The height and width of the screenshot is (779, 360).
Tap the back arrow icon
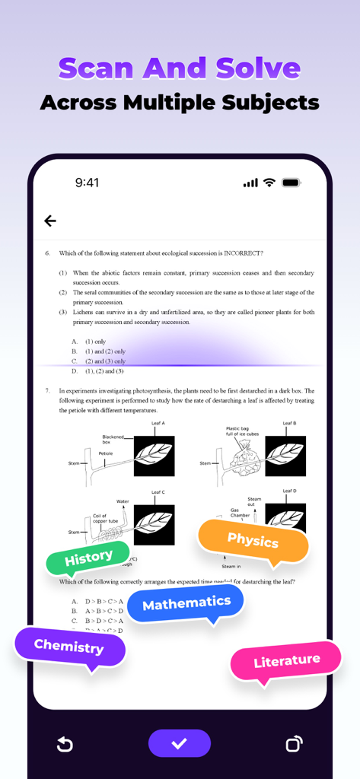pos(50,221)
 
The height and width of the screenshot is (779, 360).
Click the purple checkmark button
pos(179,743)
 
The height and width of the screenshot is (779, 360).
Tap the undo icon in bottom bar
pos(65,744)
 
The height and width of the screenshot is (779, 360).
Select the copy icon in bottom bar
pos(294,744)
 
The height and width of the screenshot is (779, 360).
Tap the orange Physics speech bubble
pos(253,541)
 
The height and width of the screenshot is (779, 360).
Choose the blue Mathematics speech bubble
pos(186,604)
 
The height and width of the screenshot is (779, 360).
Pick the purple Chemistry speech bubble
pos(68,647)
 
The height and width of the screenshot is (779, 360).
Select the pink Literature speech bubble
pos(286,661)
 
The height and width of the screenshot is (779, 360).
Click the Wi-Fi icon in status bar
pos(269,183)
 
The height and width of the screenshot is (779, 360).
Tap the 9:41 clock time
pos(87,183)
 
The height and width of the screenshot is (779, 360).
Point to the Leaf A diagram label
pos(158,423)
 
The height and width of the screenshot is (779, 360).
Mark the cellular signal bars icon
pos(250,183)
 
